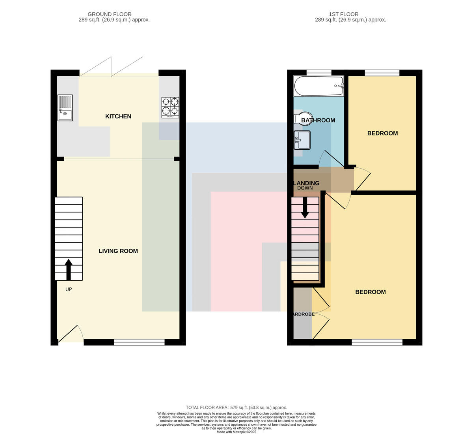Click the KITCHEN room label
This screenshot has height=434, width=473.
(118, 116)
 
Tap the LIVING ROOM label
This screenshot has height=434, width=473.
(118, 251)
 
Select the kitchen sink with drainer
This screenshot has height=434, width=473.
(65, 108)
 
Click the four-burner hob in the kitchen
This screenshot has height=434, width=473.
(170, 107)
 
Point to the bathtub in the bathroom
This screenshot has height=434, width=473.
(319, 86)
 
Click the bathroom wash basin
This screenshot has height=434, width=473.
(302, 140)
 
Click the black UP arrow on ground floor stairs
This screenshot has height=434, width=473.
(69, 270)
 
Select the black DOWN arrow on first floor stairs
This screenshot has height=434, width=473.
(305, 208)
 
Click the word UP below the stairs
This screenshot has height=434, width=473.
(69, 289)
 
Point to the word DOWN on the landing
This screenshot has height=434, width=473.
(305, 188)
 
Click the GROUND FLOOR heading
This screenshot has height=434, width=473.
(110, 14)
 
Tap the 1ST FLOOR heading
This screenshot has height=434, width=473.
(344, 14)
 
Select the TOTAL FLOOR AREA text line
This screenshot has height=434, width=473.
(236, 408)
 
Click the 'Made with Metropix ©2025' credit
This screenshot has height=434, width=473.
(236, 432)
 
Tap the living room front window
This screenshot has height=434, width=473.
(139, 342)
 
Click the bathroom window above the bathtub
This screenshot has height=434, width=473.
(319, 73)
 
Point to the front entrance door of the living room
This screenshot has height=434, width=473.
(71, 334)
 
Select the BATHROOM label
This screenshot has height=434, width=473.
(318, 120)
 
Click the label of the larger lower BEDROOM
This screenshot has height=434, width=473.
(371, 292)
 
